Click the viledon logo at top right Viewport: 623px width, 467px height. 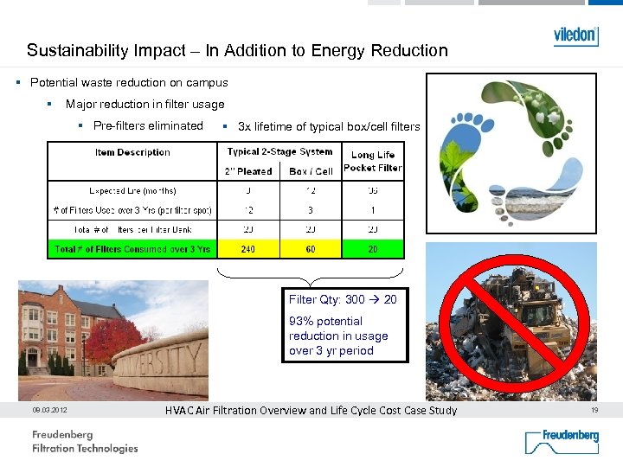[575, 35]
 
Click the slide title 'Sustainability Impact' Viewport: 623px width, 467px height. [237, 50]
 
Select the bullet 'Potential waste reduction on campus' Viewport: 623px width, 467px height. [129, 83]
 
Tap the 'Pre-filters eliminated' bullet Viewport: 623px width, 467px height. [148, 125]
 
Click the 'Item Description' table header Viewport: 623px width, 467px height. [132, 152]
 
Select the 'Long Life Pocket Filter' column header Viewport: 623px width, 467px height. [373, 162]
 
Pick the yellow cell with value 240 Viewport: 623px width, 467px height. [248, 249]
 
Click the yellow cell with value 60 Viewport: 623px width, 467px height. [311, 249]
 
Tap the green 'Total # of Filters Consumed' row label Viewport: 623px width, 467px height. [132, 249]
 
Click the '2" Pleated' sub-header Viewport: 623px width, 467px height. [248, 171]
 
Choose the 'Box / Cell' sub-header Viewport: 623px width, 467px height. [311, 171]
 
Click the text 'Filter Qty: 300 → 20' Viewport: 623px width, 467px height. [343, 300]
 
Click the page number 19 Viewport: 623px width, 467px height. [594, 411]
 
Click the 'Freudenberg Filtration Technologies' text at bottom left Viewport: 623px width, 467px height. [85, 441]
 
